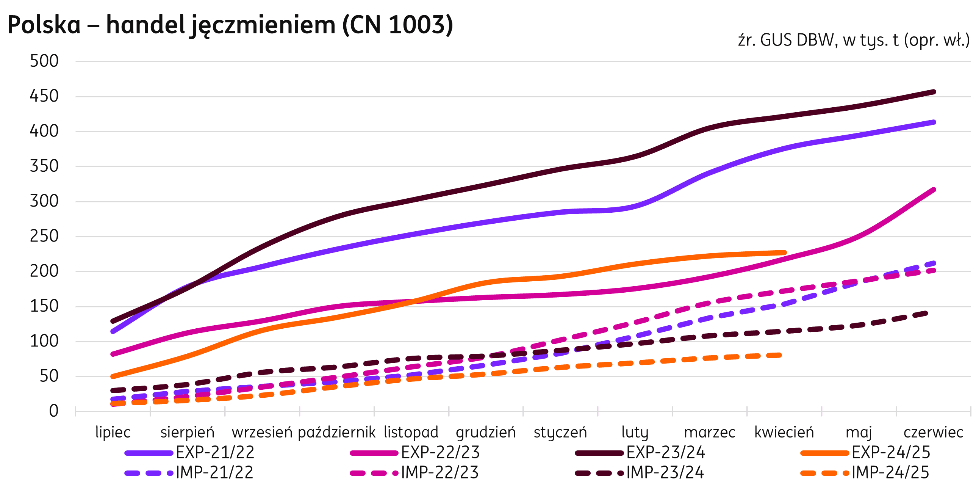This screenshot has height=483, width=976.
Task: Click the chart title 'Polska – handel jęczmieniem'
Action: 230,25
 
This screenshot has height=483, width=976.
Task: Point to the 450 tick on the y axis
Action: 44,96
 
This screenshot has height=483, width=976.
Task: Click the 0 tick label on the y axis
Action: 54,411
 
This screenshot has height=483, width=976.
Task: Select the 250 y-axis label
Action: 44,236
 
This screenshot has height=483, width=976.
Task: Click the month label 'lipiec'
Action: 113,432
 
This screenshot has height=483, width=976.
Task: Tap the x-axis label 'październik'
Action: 336,432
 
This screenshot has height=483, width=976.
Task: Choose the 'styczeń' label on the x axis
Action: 560,432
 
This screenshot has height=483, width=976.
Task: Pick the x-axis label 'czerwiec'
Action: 933,432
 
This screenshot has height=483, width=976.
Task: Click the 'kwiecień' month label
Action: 784,432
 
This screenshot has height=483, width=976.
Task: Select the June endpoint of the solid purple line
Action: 934,122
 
